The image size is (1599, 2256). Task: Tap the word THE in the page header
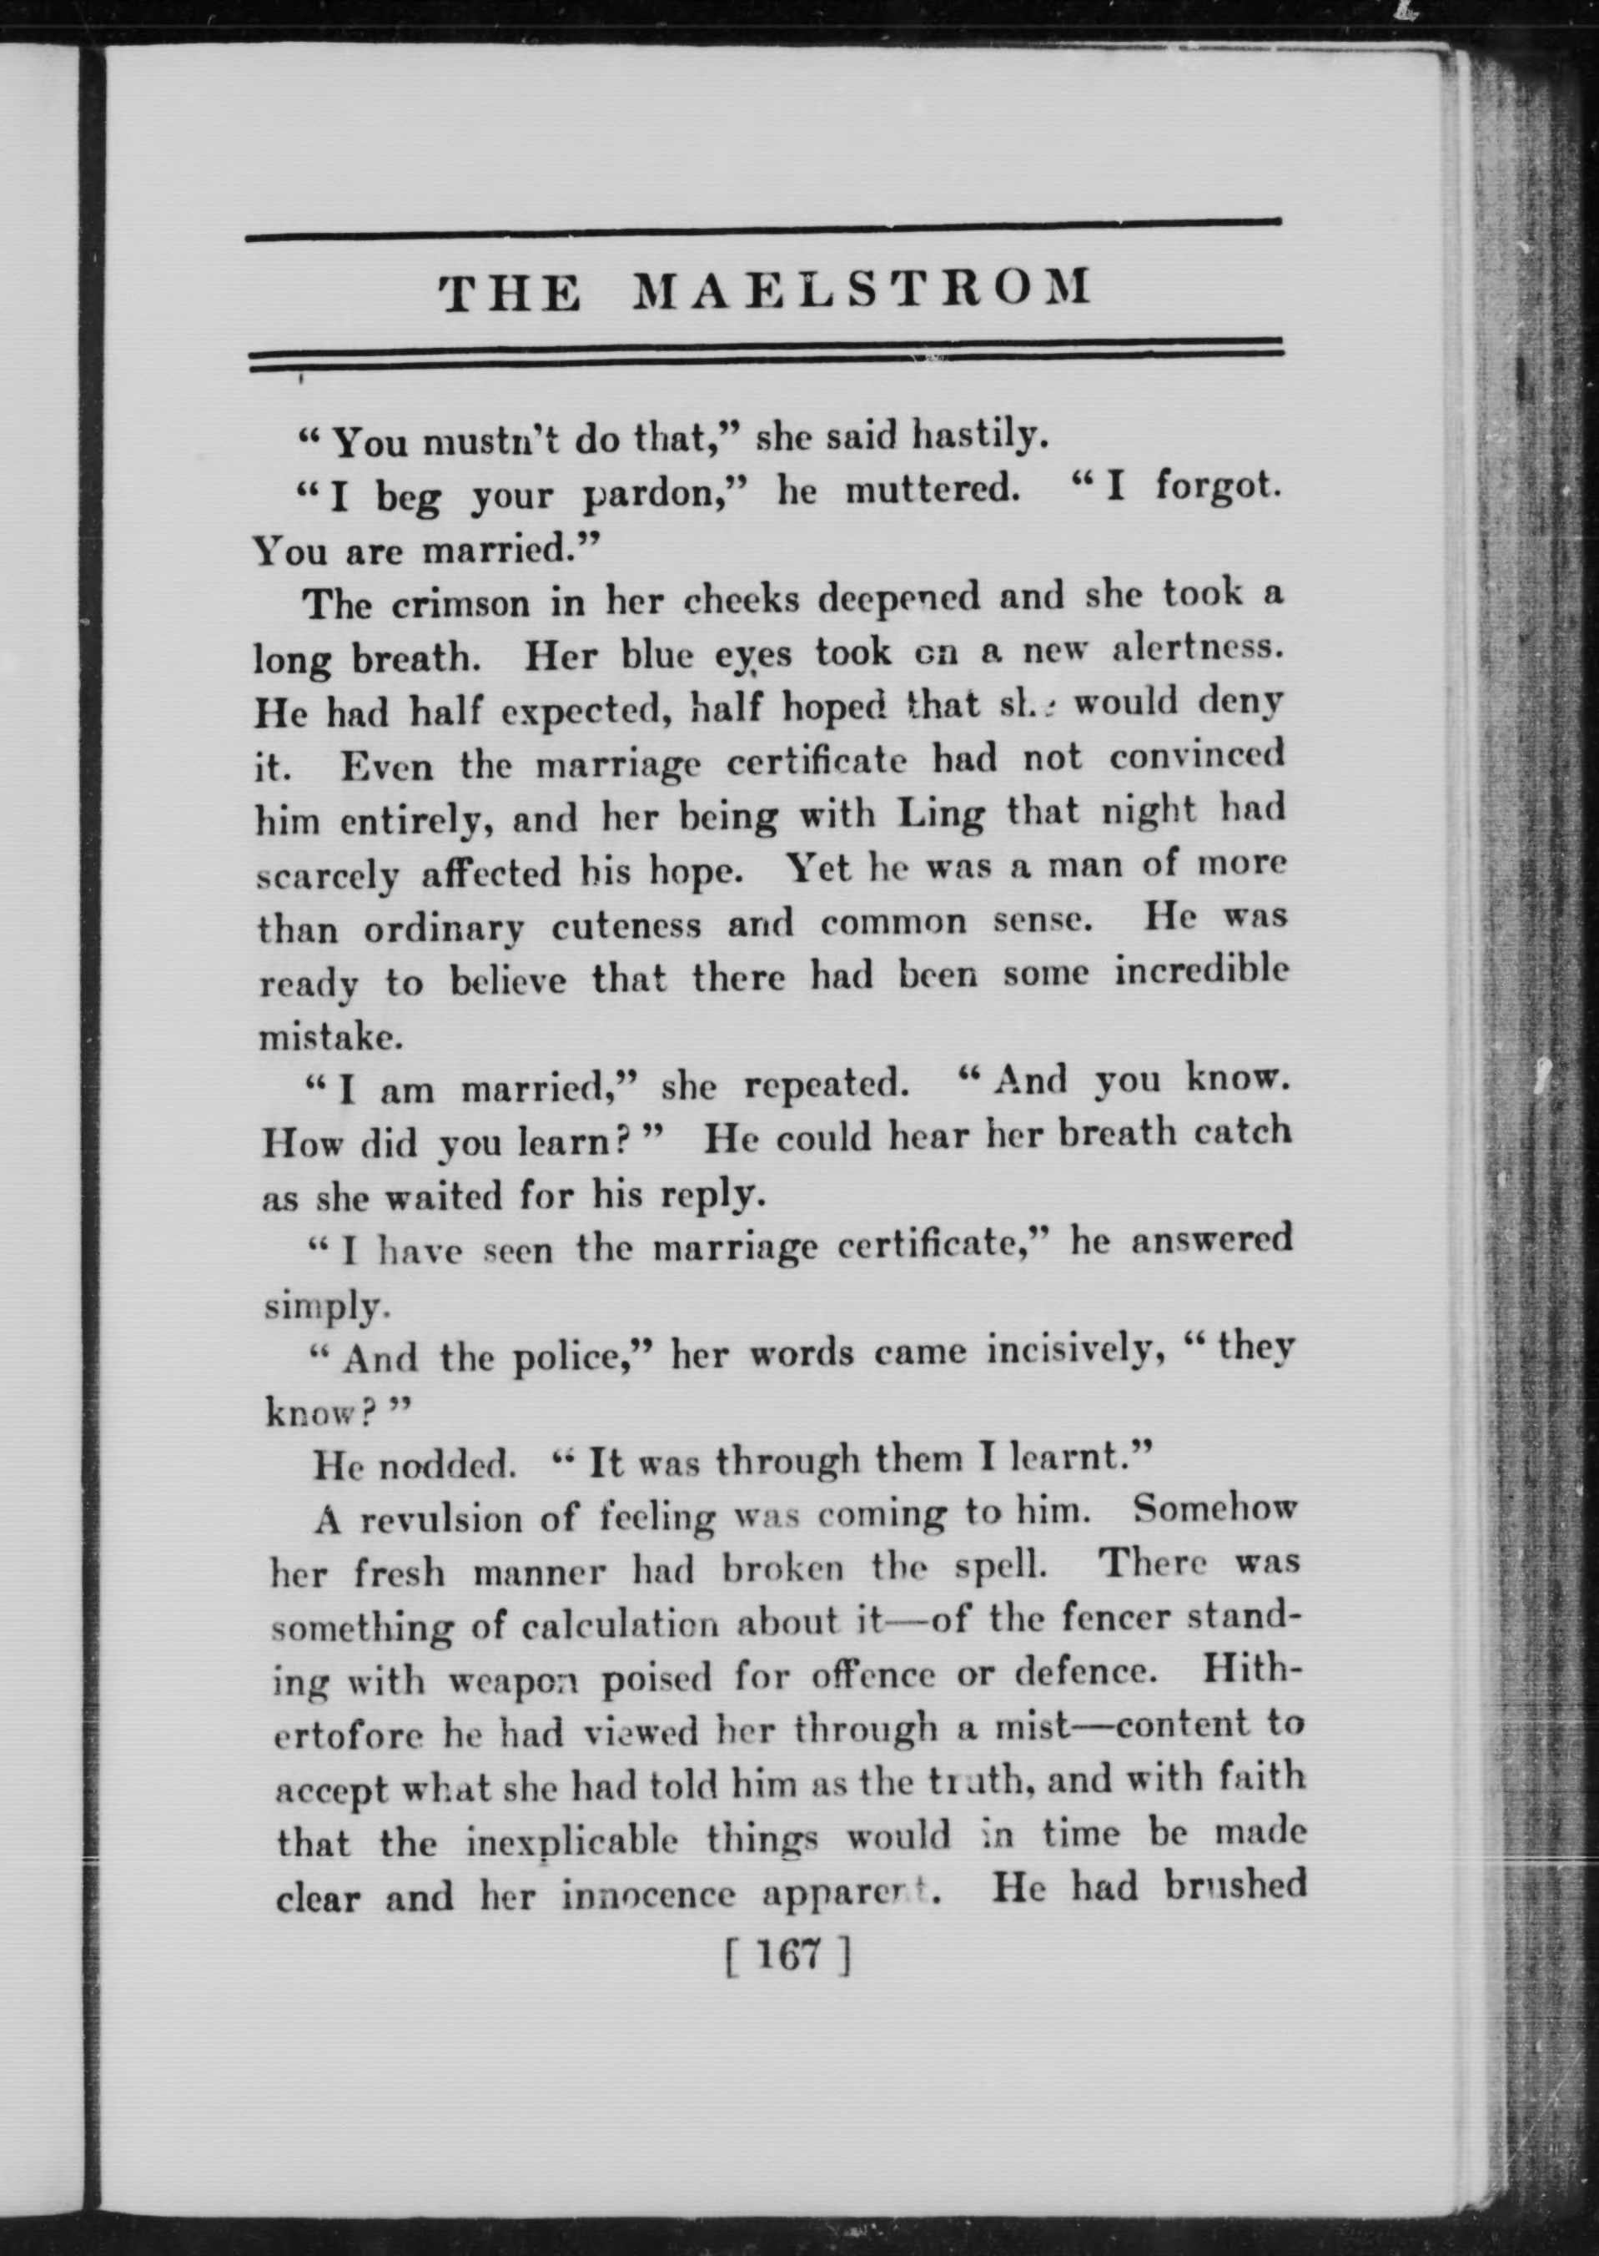click(x=509, y=294)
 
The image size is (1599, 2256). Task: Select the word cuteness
click(x=626, y=925)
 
